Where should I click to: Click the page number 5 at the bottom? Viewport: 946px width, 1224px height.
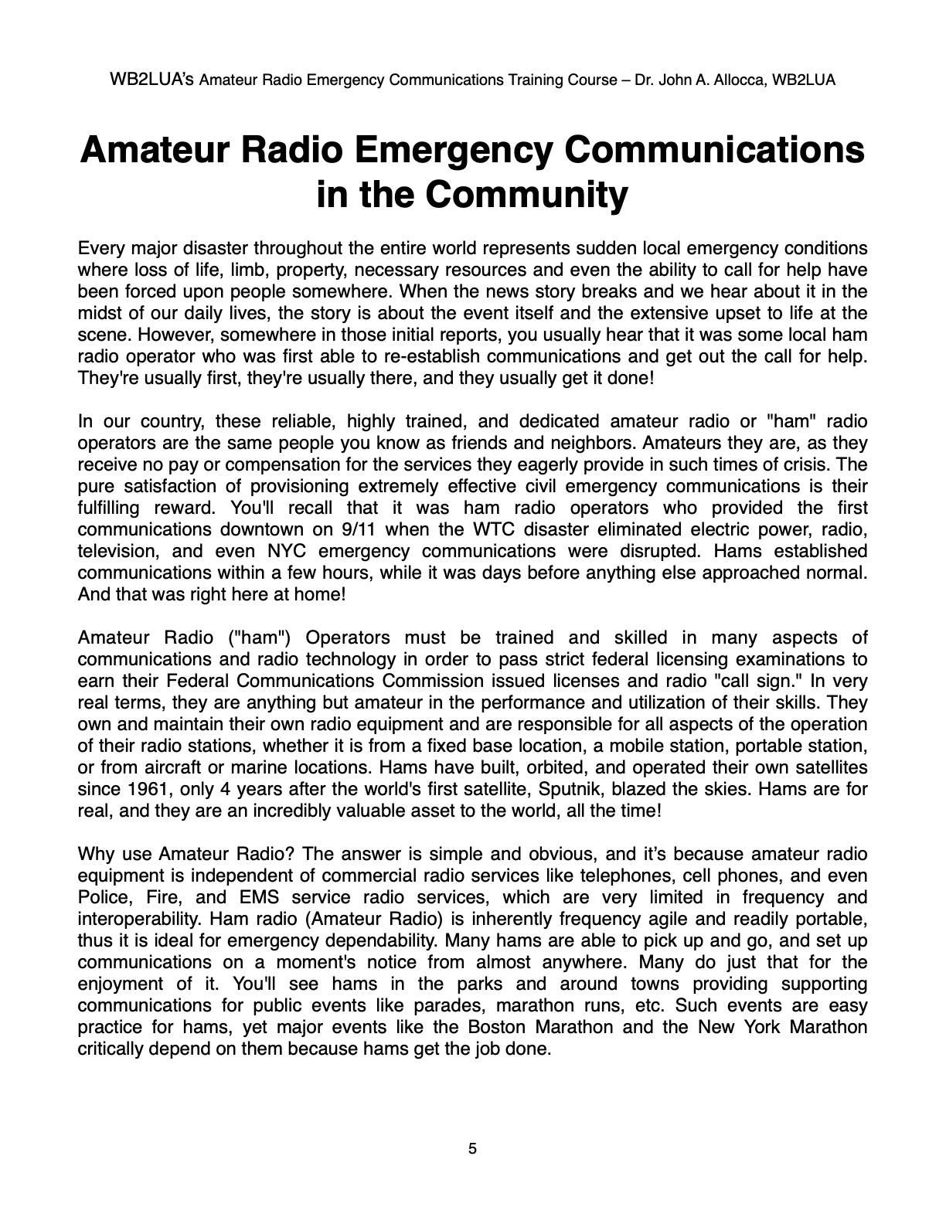(472, 1148)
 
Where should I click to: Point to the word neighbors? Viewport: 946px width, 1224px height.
(596, 443)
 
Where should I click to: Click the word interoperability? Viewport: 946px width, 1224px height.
(140, 919)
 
